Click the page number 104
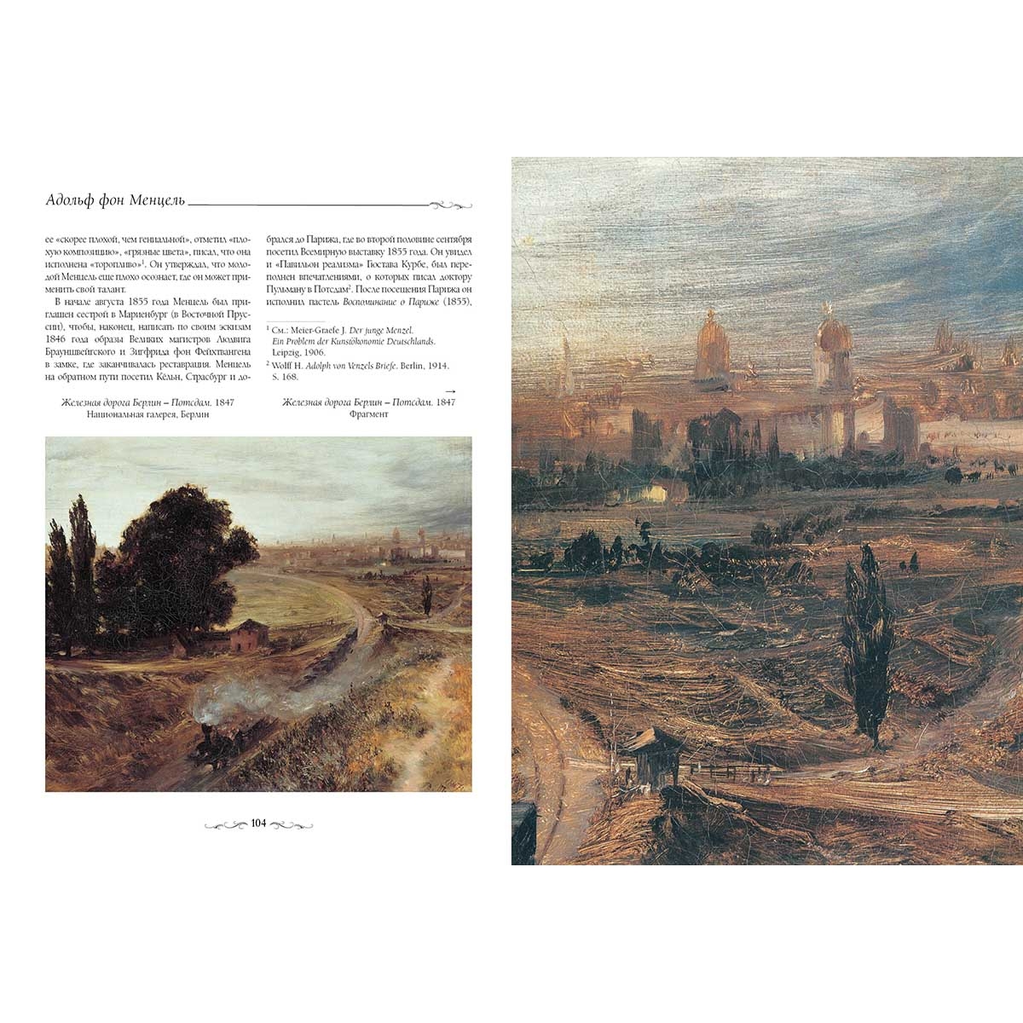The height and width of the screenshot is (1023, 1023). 258,824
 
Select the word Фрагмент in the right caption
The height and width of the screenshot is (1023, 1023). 368,414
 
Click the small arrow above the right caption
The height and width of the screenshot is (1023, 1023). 449,390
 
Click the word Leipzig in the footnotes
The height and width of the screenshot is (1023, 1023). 287,351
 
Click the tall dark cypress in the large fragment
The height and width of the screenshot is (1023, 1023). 864,648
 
